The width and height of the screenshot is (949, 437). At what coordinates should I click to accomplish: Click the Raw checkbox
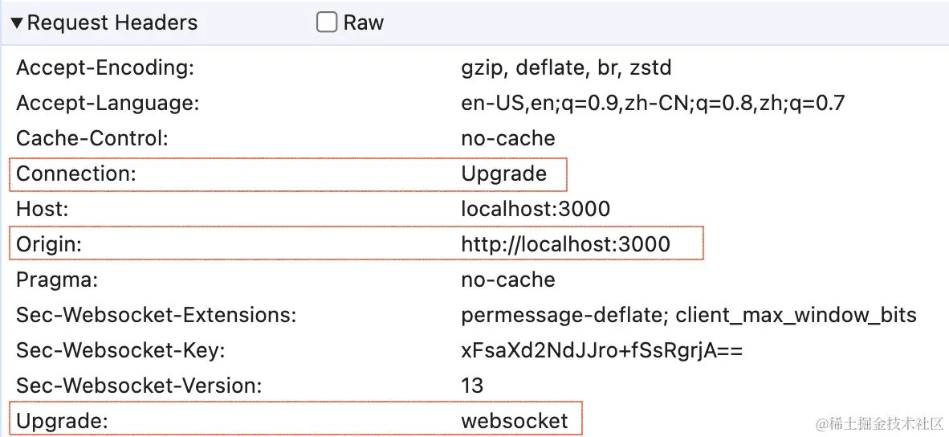326,22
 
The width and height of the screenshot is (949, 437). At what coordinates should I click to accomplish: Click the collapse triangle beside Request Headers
17,23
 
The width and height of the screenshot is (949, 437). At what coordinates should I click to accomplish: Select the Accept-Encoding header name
105,68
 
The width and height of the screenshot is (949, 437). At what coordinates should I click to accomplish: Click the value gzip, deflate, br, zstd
566,68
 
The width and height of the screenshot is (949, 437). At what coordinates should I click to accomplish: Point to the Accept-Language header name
108,104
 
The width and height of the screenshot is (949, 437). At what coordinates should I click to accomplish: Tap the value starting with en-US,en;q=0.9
653,104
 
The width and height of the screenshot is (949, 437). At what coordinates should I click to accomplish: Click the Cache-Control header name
92,138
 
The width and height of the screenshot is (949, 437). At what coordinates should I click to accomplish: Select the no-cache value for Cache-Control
507,138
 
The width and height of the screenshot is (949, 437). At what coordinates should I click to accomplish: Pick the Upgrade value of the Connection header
503,174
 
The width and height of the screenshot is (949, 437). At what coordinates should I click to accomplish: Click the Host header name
43,210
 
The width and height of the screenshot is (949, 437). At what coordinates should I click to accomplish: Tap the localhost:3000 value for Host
536,210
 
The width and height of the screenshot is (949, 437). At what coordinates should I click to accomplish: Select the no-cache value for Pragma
507,280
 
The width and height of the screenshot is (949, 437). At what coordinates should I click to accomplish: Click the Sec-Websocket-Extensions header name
157,315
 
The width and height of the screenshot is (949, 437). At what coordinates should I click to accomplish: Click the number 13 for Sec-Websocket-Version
472,386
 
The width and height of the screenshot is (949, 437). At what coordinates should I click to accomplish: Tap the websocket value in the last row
514,421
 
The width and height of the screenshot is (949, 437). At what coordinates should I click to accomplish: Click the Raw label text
364,22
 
